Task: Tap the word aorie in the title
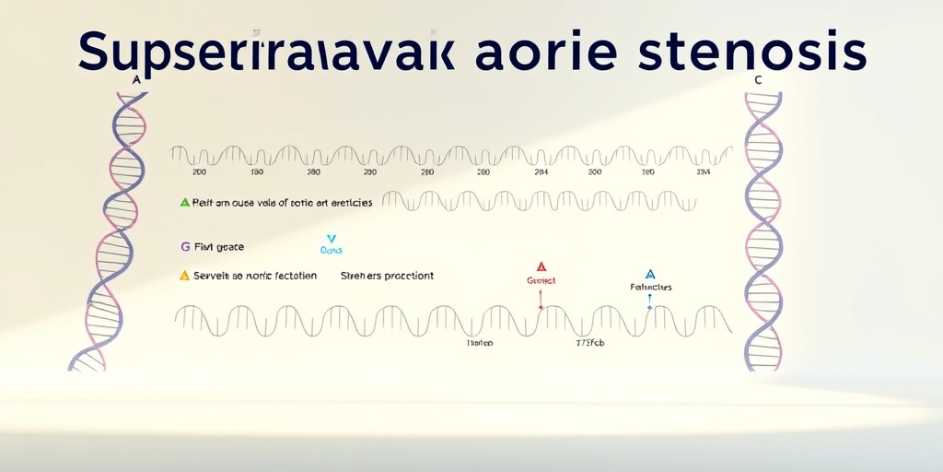coord(541,53)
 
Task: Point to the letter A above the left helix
coord(136,80)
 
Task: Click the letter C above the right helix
coord(758,80)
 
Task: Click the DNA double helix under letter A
coord(110,230)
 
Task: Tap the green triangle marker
coord(184,202)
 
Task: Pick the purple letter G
coord(185,247)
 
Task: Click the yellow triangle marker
coord(184,275)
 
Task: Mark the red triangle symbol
coord(541,266)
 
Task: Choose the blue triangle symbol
coord(650,274)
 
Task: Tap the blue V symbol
coord(332,239)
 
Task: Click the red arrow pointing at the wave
coord(541,299)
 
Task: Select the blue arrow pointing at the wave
coord(650,301)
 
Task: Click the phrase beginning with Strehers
coord(387,276)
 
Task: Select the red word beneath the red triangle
coord(541,280)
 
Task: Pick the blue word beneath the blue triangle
coord(650,287)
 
